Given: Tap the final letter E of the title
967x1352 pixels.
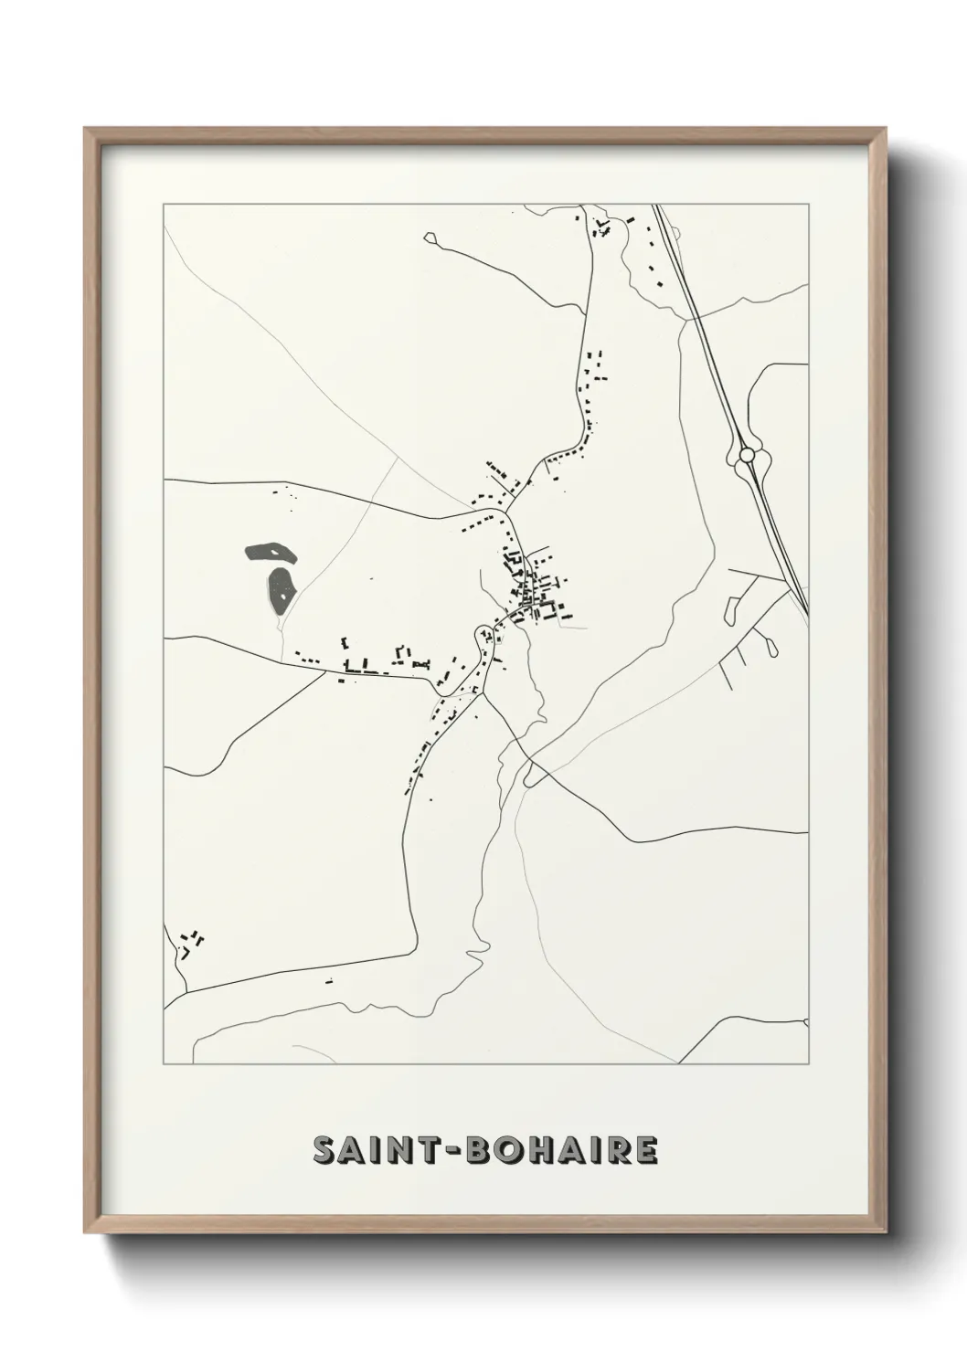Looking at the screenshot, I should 644,1151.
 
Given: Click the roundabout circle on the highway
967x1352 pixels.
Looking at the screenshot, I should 747,454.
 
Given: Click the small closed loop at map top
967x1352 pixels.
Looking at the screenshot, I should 431,238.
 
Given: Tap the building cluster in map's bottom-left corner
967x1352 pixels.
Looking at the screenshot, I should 191,942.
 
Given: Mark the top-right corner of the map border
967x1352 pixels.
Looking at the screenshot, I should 808,204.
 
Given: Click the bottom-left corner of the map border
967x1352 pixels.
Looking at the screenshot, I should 164,1063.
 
